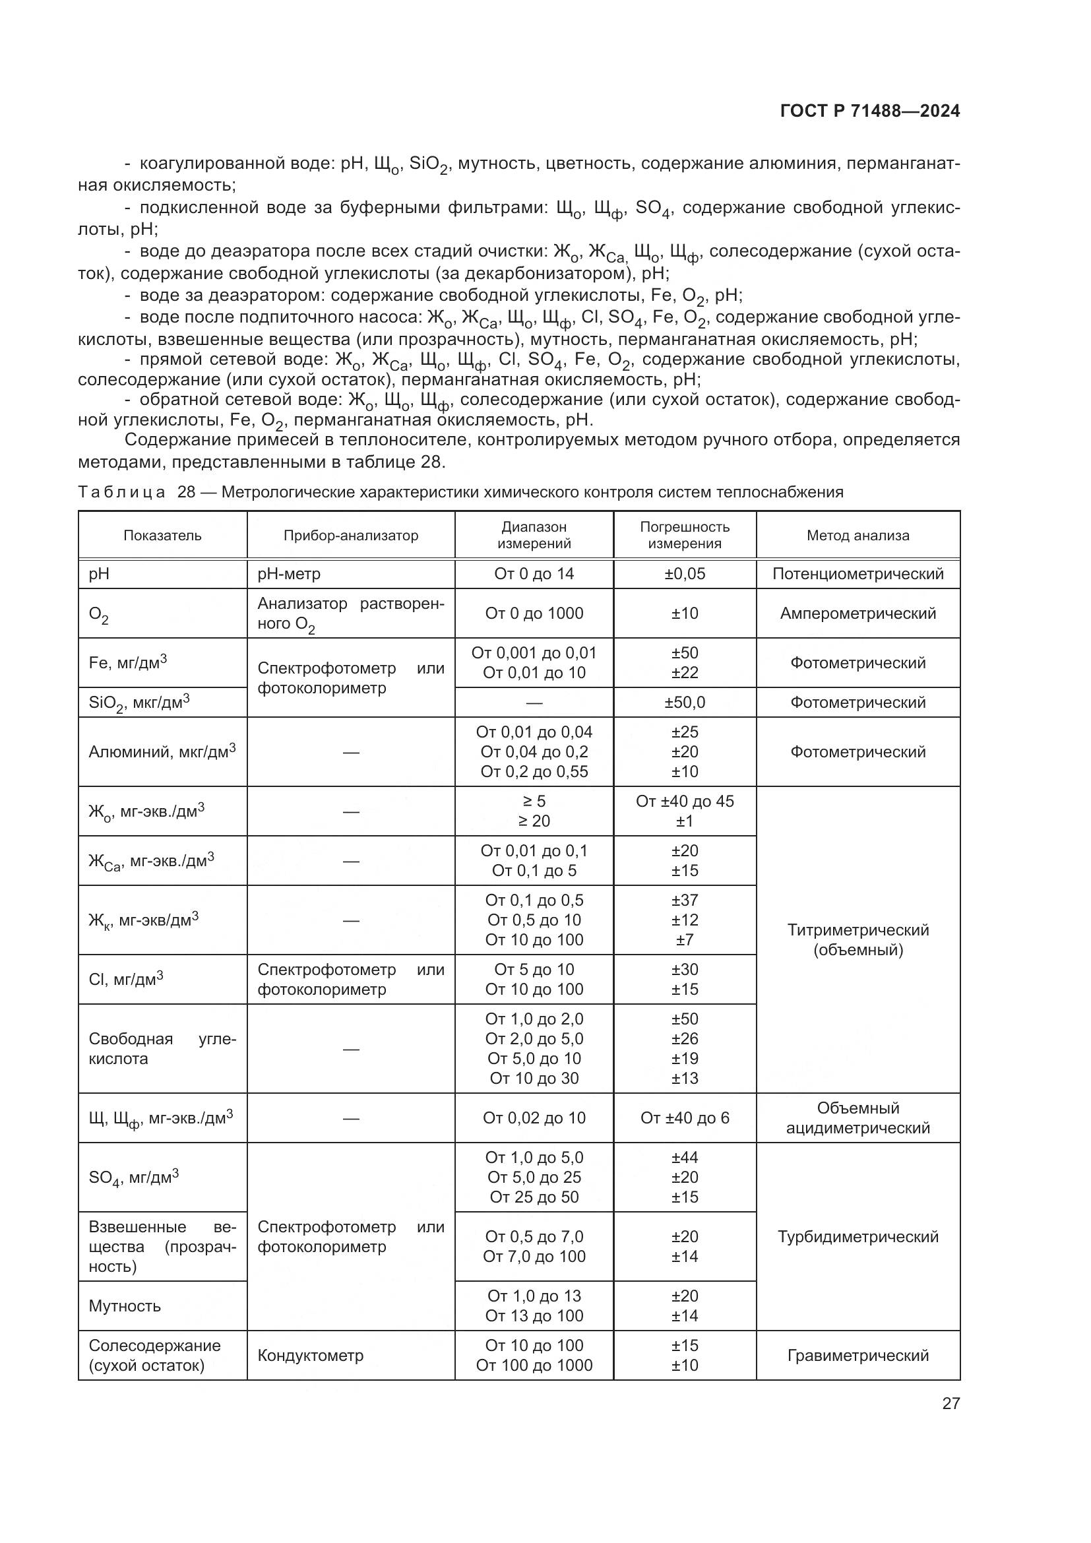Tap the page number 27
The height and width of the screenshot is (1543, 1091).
point(951,1403)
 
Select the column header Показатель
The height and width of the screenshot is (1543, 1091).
point(162,536)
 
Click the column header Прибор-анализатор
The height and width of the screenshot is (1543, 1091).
point(351,536)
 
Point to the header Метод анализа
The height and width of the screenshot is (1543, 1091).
point(857,536)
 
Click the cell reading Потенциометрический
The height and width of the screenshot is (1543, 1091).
point(857,574)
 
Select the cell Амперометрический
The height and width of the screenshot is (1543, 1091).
point(857,614)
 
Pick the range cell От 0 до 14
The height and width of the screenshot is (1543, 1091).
point(534,574)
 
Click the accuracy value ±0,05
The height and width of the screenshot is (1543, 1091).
point(685,574)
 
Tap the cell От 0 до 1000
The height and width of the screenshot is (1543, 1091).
point(534,614)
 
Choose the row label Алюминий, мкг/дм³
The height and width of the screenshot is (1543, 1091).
point(162,752)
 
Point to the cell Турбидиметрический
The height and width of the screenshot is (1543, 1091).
point(857,1236)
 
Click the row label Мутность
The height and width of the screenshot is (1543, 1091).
point(125,1306)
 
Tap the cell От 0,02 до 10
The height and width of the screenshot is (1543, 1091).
point(534,1118)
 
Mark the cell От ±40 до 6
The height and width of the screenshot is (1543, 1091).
point(685,1118)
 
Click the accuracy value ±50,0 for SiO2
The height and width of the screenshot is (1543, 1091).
point(685,703)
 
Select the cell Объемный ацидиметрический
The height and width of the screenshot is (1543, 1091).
point(857,1118)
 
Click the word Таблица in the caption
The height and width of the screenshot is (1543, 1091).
point(121,493)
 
